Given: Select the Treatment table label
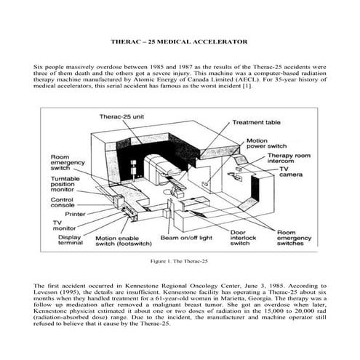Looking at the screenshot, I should click(x=256, y=123).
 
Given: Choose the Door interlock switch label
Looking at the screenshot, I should click(x=243, y=241).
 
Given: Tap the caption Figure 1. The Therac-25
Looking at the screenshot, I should click(x=179, y=260).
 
